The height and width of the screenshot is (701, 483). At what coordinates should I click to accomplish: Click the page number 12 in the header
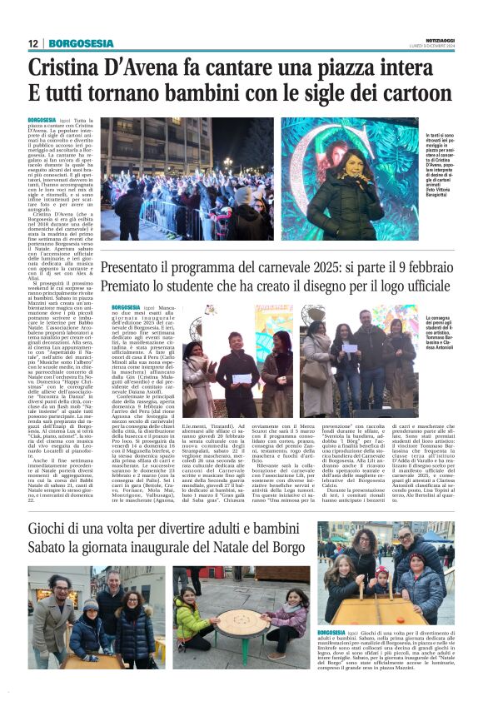point(32,43)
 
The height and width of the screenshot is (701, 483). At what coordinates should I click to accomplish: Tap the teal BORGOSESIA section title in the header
point(81,43)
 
